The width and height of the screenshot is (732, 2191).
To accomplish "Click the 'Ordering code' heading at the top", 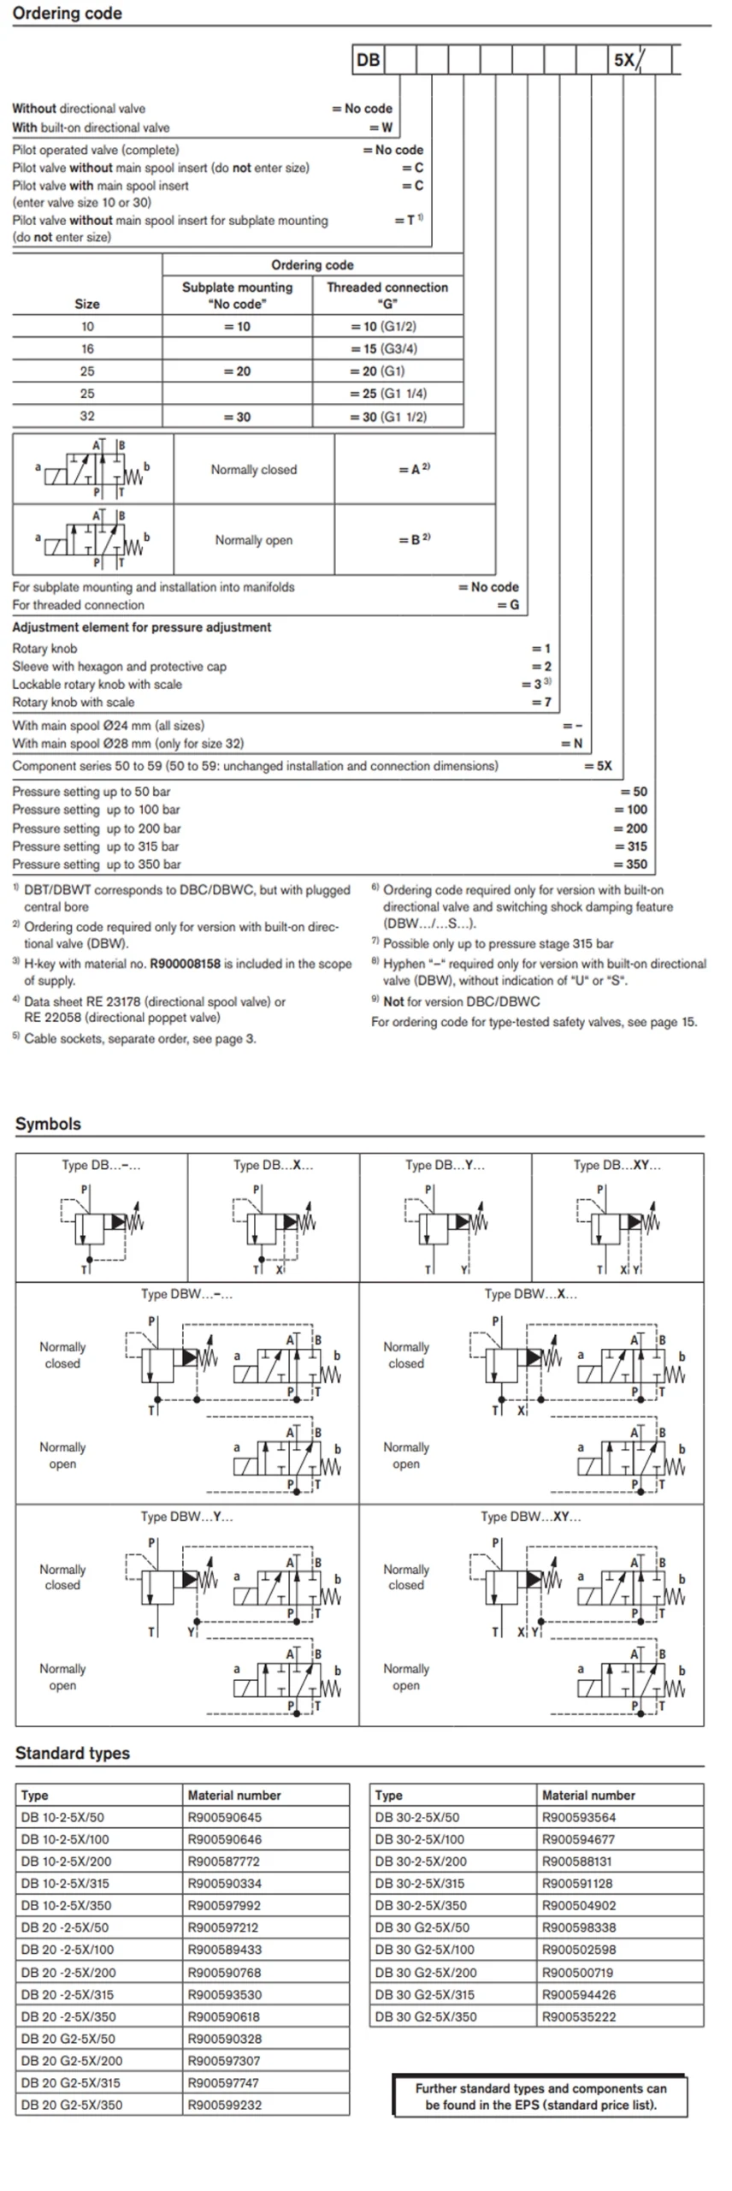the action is coord(67,13).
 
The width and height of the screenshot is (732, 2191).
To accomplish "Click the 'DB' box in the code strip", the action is coord(368,60).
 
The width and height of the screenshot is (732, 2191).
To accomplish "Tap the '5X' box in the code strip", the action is coord(624,60).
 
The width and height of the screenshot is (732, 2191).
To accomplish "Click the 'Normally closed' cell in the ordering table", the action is coord(254,469).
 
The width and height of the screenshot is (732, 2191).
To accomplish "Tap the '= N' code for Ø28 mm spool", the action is coord(571,743).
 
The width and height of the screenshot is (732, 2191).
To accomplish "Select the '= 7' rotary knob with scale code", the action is coord(541,702).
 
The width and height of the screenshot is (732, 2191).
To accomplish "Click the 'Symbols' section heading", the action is coord(48,1124).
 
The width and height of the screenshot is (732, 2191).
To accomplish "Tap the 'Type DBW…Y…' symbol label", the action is coord(186,1516).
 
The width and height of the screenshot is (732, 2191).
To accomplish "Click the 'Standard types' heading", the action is coord(73,1752).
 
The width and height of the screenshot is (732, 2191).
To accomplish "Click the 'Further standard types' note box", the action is coord(540,2096).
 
